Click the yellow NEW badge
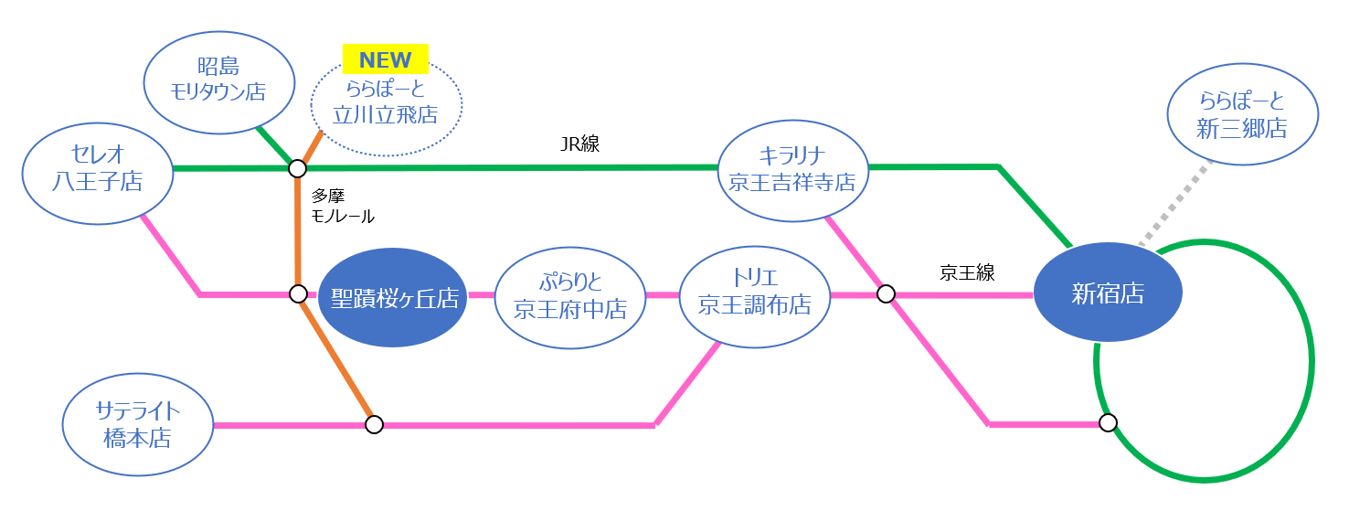pos(386,60)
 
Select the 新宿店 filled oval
pos(1108,293)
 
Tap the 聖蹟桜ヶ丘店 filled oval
pos(393,297)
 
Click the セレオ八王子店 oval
pos(97,168)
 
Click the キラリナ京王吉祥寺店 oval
pos(791,170)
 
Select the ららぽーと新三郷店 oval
pos(1242,115)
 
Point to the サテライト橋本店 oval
pos(137,425)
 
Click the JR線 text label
pos(579,144)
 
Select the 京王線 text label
pos(966,272)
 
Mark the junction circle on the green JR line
pos(297,168)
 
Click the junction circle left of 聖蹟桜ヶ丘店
pos(298,293)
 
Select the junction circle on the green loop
pos(1108,422)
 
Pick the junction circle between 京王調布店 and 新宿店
pos(886,293)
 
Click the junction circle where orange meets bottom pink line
pos(374,424)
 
